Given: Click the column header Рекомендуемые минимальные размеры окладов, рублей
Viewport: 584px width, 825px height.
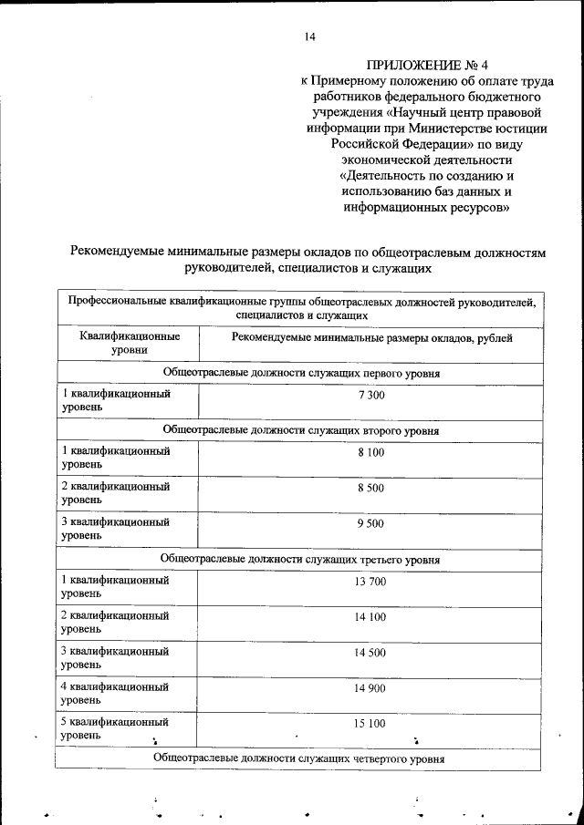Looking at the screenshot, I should tap(371, 338).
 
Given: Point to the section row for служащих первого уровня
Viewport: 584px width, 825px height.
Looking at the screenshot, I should tap(300, 373).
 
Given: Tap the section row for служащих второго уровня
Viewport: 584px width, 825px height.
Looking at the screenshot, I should tap(300, 429).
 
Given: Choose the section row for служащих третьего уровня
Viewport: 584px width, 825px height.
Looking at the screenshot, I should tap(300, 558).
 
